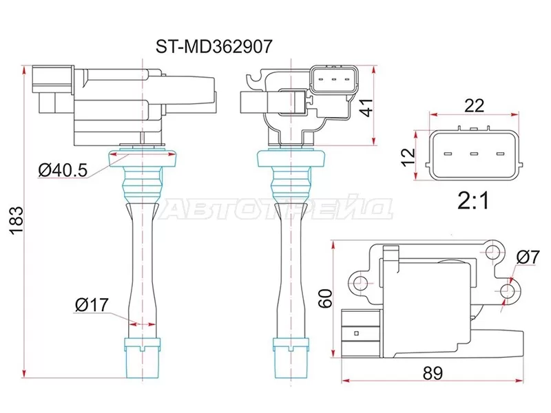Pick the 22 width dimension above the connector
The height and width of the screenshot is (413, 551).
(x=475, y=105)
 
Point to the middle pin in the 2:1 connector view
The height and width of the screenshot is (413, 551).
(x=474, y=154)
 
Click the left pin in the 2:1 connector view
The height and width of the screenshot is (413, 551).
(x=447, y=154)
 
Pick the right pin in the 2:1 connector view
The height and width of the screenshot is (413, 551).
(x=501, y=154)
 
